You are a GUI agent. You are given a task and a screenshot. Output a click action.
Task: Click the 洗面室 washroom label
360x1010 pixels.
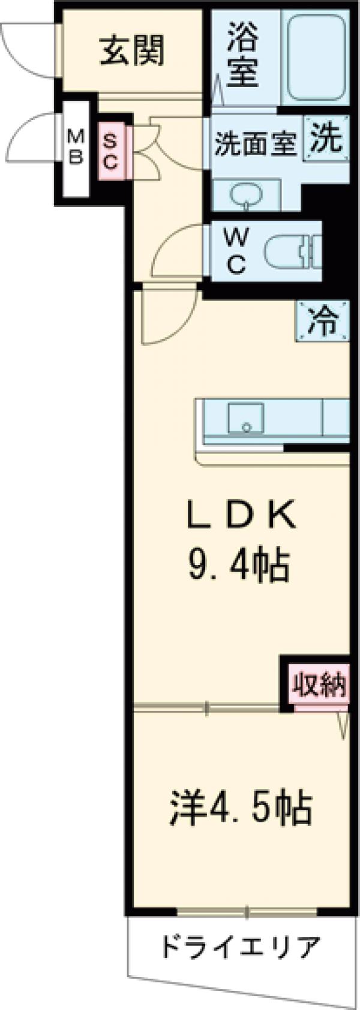click(x=256, y=145)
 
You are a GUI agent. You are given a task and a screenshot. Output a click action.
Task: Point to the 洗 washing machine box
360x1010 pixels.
click(x=326, y=139)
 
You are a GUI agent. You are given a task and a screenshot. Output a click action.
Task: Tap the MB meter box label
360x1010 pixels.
click(x=76, y=148)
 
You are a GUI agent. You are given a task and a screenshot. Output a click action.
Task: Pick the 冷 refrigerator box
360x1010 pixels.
click(x=322, y=321)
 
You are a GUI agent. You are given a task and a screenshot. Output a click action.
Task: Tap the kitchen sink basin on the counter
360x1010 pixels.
click(x=246, y=417)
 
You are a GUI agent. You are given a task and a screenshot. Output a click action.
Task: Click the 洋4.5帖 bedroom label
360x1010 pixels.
click(x=241, y=808)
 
